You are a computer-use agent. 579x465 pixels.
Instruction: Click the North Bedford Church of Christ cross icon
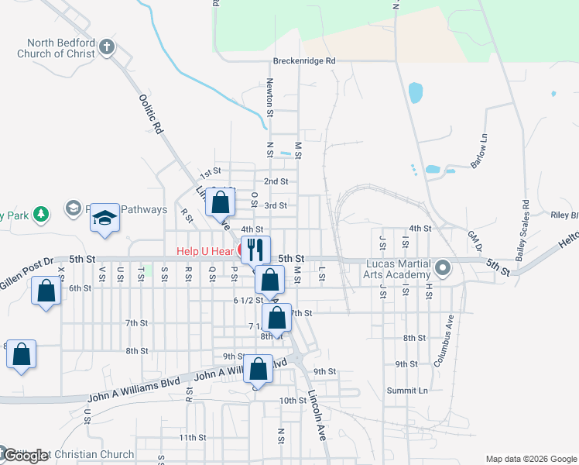tap(108, 48)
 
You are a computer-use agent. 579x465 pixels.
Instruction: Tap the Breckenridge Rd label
tap(304, 60)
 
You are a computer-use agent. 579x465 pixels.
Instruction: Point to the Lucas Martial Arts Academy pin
tap(443, 269)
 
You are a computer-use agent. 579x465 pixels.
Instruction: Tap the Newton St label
tap(270, 97)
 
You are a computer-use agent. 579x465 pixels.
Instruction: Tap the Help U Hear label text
tap(204, 251)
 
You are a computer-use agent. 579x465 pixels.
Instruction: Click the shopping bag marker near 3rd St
tap(221, 202)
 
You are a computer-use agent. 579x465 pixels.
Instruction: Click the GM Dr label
tap(475, 241)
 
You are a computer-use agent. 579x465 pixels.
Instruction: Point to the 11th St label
tap(191, 438)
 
